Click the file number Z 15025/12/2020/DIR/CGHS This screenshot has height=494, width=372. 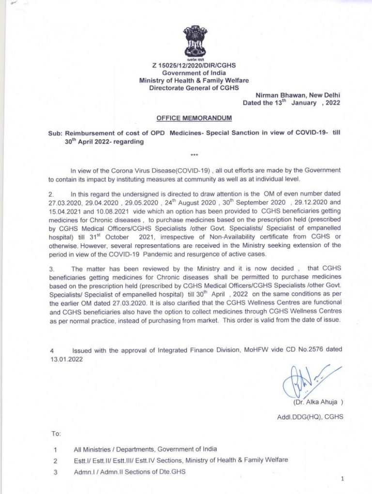(194, 66)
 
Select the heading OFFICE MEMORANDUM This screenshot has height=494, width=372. (194, 118)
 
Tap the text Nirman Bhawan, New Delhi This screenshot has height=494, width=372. (298, 95)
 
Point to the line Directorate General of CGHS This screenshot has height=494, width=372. (194, 88)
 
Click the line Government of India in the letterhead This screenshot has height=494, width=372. (194, 73)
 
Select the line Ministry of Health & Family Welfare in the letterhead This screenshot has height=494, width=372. (194, 80)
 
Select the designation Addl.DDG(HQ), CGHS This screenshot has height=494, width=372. (310, 417)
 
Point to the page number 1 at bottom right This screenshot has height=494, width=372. (342, 479)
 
